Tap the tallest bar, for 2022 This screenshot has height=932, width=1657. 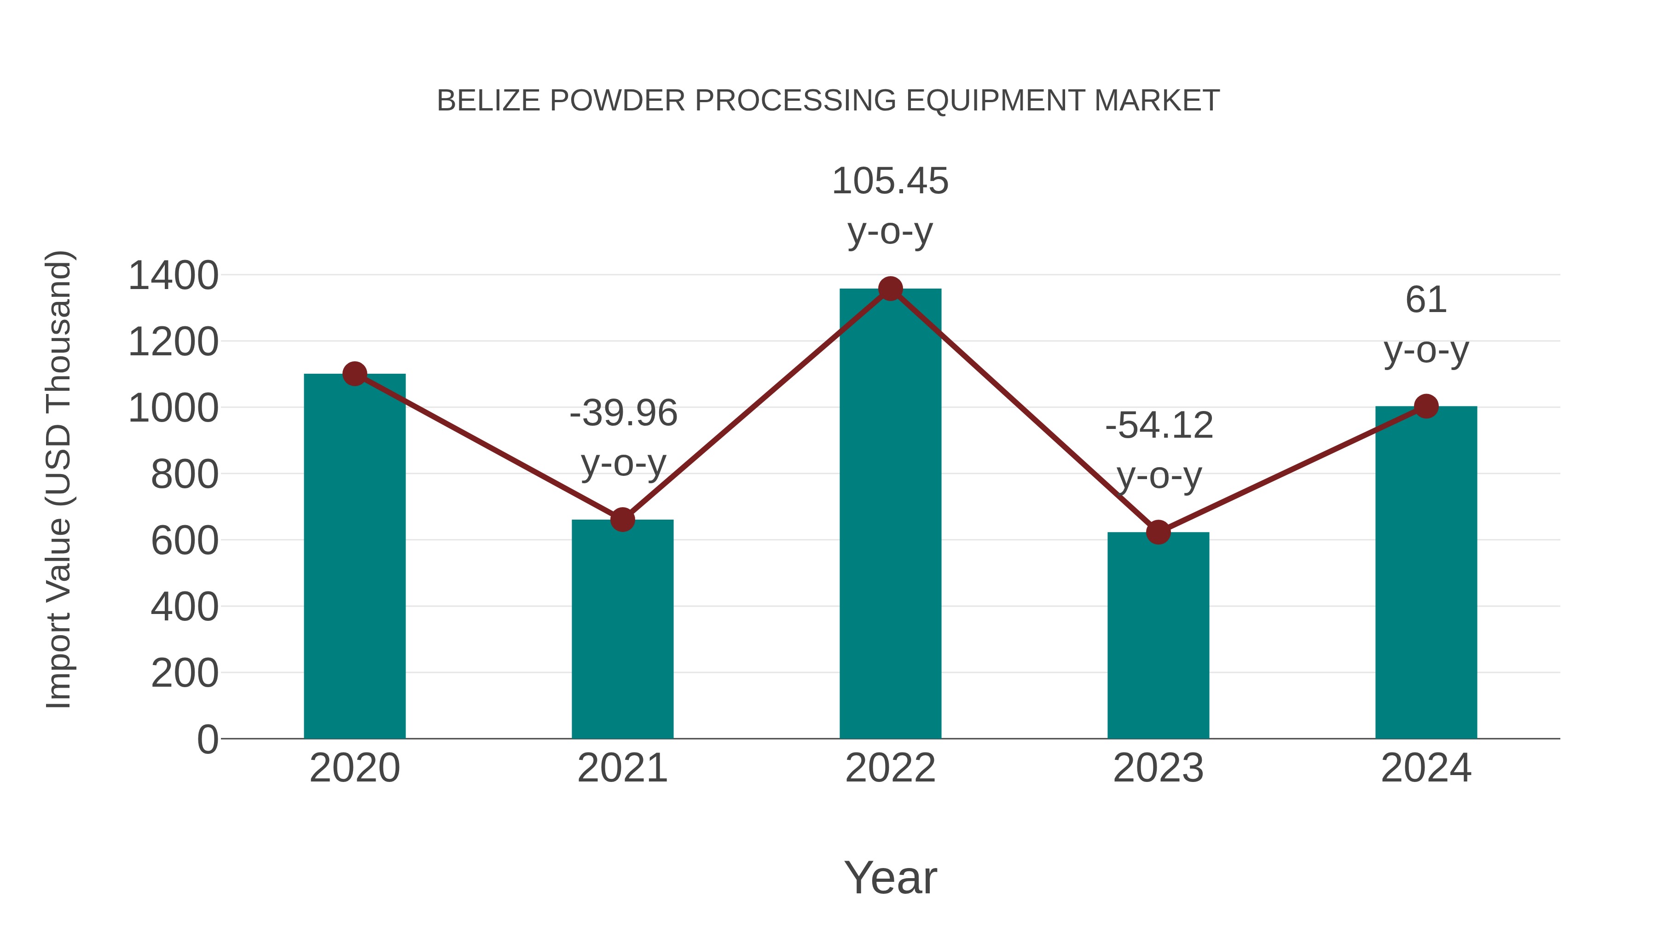890,515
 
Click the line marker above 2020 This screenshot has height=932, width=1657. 354,374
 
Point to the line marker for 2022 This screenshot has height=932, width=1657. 890,289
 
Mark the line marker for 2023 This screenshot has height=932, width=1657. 1158,533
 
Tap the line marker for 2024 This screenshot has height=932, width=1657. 1426,406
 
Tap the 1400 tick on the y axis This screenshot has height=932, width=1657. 173,276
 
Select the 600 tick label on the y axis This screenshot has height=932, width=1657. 185,541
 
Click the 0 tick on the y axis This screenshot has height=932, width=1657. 207,740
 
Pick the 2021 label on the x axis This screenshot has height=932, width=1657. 622,769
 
